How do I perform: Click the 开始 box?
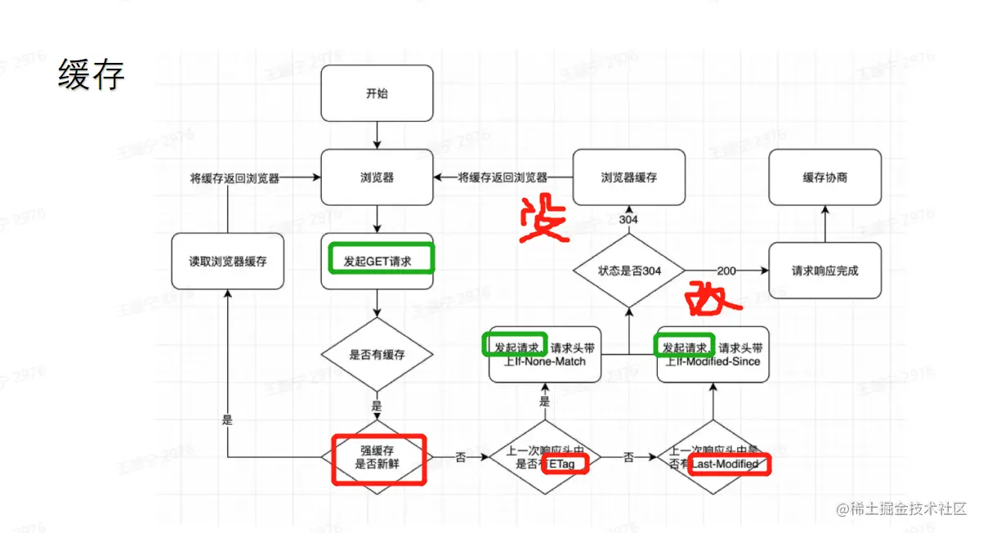point(377,94)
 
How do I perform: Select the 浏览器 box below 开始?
point(377,177)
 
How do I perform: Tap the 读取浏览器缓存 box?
point(228,262)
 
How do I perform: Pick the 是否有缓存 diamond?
point(377,355)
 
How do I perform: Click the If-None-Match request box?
point(545,355)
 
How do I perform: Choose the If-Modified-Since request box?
point(713,355)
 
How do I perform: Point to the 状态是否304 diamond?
point(628,271)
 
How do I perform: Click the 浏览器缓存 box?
point(628,177)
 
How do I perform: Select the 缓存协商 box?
point(824,177)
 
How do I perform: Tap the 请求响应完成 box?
point(824,271)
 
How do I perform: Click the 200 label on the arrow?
point(726,271)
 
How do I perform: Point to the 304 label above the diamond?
point(628,219)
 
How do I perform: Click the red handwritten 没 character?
point(543,219)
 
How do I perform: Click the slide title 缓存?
point(91,76)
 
